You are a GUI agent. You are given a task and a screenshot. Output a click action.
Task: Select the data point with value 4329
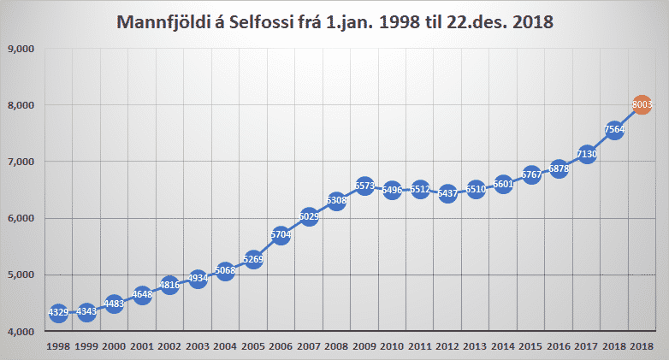point(58,313)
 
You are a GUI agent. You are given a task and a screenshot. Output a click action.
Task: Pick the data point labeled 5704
point(281,235)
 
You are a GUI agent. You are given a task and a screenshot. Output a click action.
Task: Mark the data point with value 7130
point(587,155)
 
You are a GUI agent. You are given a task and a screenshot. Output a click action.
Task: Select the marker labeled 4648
point(142,295)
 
